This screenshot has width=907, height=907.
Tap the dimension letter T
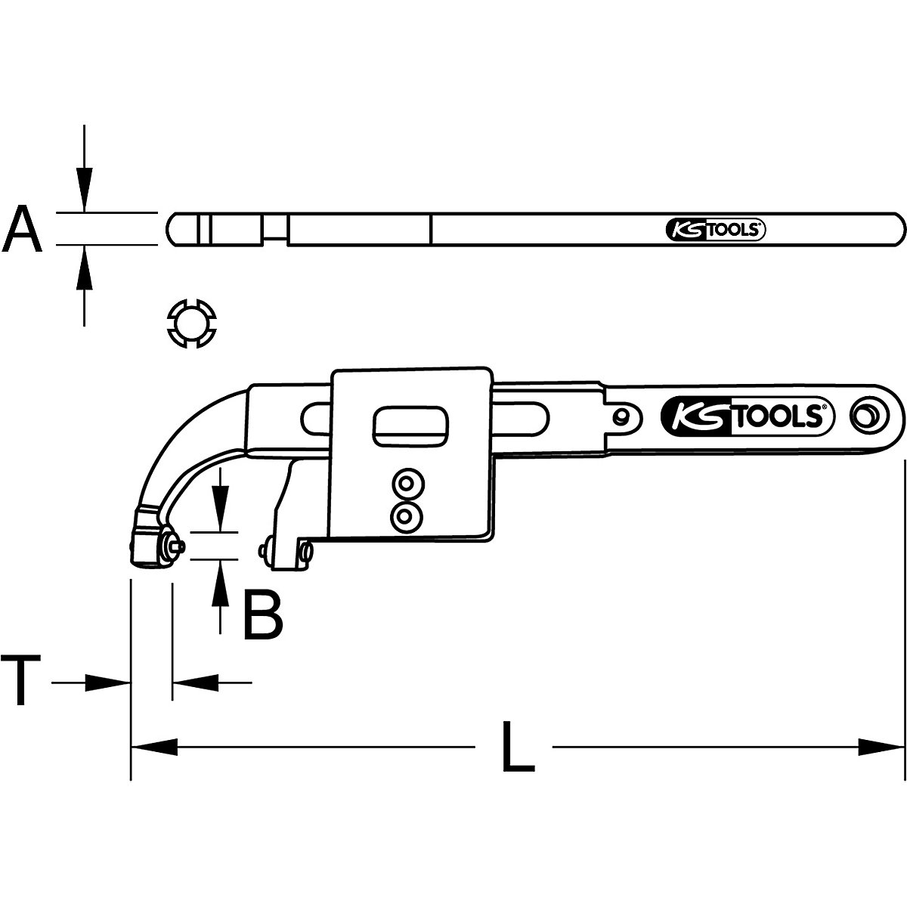pos(21,681)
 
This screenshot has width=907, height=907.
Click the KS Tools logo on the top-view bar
pos(716,230)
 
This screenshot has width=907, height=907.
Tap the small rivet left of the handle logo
pos(621,415)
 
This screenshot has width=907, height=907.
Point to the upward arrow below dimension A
pos(85,268)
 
